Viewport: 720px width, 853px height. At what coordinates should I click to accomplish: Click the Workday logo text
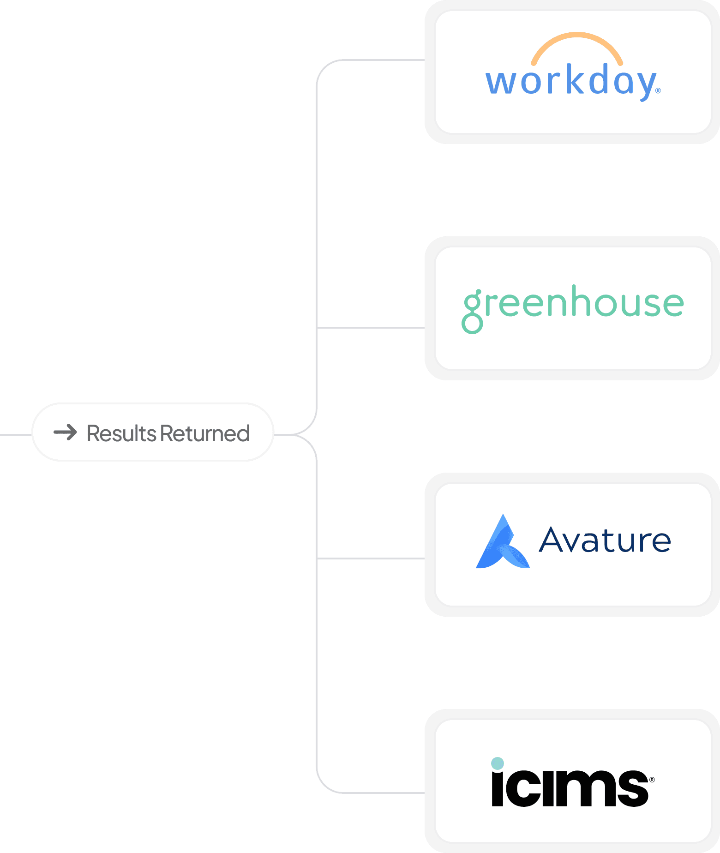click(x=571, y=81)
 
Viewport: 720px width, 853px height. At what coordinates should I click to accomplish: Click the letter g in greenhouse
click(x=473, y=309)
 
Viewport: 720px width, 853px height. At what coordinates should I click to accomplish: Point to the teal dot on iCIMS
click(x=497, y=763)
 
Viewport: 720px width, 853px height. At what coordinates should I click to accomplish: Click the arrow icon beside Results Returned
click(x=65, y=433)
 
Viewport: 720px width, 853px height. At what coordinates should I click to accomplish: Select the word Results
click(x=121, y=433)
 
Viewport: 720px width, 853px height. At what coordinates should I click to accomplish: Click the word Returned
click(x=205, y=433)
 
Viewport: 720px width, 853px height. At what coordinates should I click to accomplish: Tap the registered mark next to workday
click(x=658, y=91)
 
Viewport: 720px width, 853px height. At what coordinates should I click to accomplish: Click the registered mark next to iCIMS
click(x=652, y=780)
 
